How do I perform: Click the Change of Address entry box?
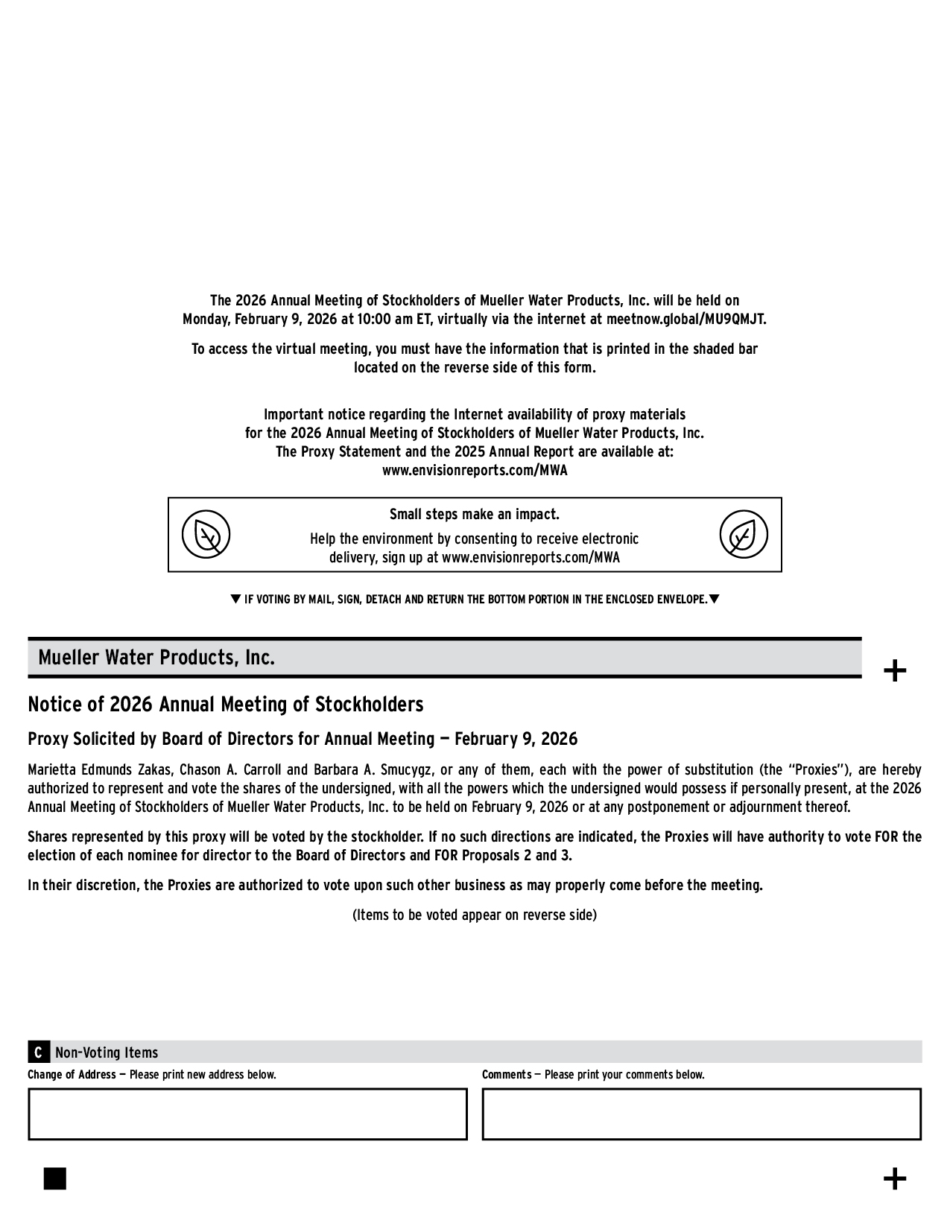coord(247,1114)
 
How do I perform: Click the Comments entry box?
coord(701,1114)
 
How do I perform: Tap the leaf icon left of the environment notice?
coord(206,535)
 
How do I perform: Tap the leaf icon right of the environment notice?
coord(743,535)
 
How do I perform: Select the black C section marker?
coord(38,1052)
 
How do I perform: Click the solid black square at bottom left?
coord(55,1178)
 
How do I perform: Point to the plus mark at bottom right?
coord(894,1178)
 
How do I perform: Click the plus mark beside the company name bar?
coord(894,671)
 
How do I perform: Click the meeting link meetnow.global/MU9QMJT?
coord(685,320)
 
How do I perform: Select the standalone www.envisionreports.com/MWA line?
coord(475,471)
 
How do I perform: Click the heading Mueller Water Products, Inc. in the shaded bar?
coord(156,658)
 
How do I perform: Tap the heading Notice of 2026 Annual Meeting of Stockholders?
coord(225,705)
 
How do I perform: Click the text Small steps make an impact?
coord(475,515)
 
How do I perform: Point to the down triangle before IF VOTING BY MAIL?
coord(235,599)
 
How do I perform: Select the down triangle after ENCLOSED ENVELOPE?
coord(714,599)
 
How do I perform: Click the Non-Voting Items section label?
coord(107,1052)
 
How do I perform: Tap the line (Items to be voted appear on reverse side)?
coord(475,915)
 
